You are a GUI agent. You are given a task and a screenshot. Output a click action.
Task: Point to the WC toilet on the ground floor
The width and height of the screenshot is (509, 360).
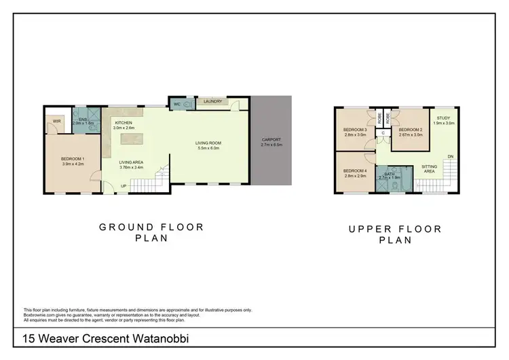tap(176, 104)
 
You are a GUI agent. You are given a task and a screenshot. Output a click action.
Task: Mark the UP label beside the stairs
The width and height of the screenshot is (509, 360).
tap(123, 185)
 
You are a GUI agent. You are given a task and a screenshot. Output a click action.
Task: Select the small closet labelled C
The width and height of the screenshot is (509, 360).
tap(383, 132)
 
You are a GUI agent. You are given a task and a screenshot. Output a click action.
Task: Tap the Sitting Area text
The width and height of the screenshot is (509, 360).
tap(429, 168)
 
